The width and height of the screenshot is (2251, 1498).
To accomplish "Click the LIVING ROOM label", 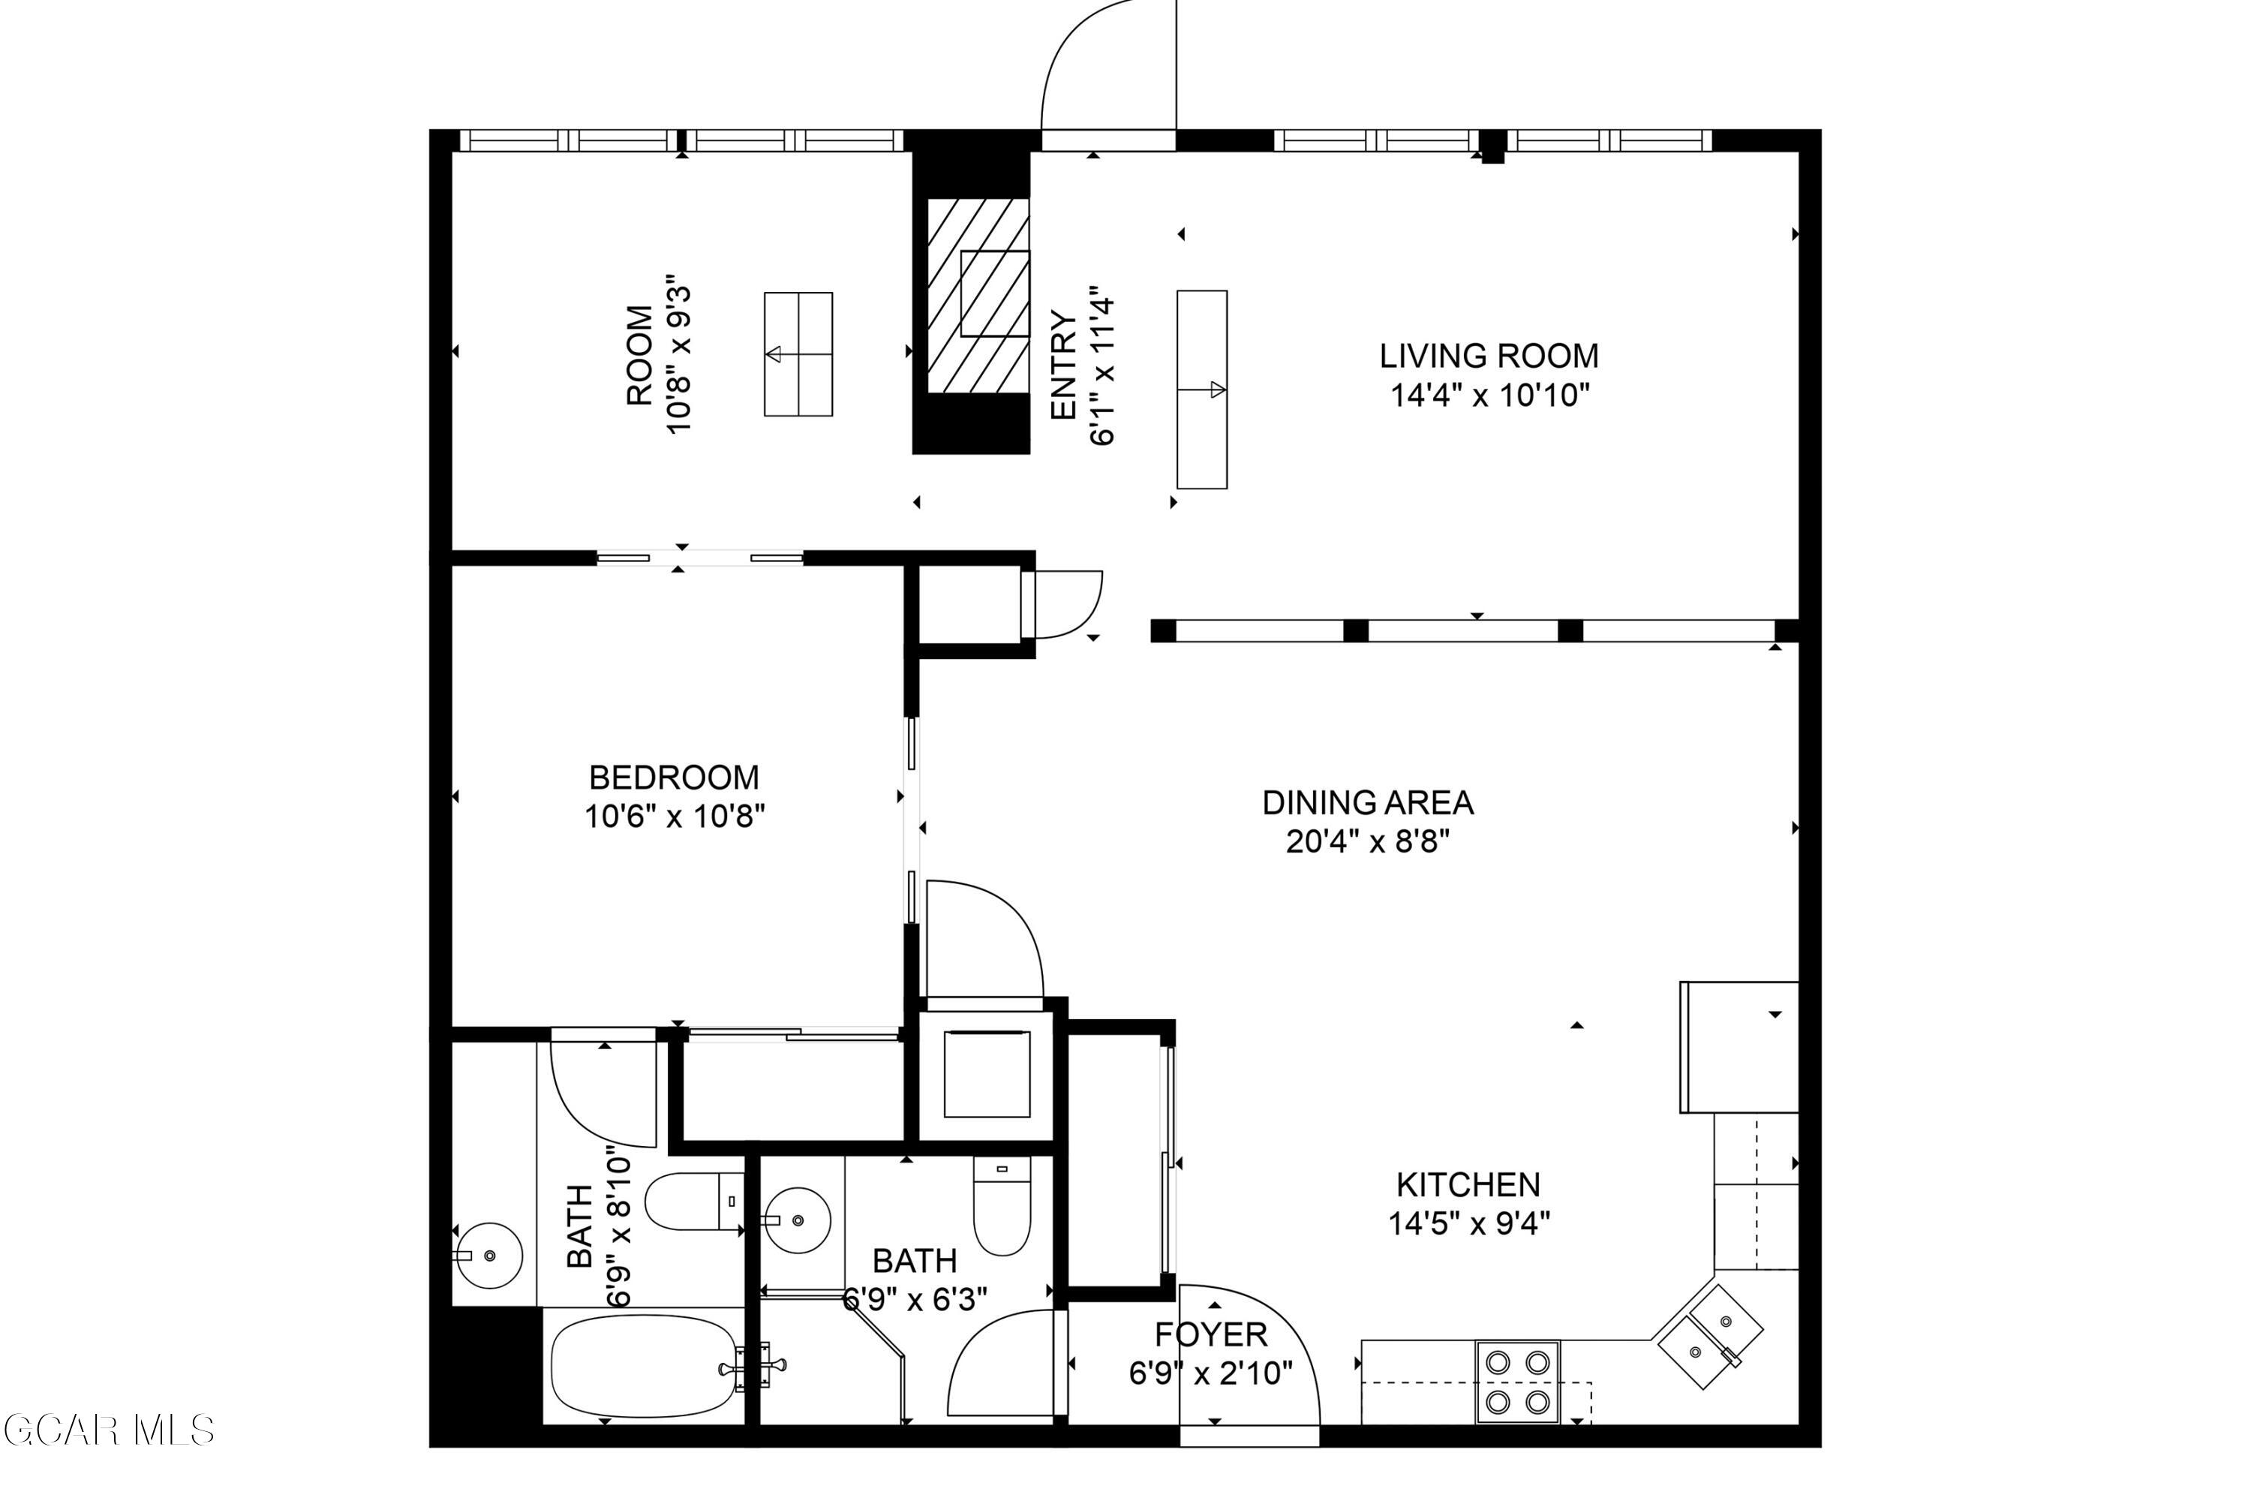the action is [1488, 356].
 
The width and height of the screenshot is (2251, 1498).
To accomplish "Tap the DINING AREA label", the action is [1368, 802].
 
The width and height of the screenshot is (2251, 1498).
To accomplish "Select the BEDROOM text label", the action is [675, 778].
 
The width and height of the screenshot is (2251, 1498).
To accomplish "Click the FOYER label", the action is [1211, 1334].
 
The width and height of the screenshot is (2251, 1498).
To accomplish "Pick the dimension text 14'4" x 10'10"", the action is [1490, 395].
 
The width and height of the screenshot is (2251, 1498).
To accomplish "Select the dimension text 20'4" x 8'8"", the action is [1368, 841].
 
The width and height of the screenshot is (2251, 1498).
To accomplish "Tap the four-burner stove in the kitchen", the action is [1517, 1382].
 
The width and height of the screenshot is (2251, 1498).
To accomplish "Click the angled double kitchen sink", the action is [1709, 1337].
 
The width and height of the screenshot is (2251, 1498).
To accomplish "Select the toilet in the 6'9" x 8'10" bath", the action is [694, 1201].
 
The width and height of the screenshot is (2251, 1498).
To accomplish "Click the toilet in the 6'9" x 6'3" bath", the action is [1002, 1205].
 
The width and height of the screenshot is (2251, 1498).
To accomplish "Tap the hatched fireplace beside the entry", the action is [978, 295].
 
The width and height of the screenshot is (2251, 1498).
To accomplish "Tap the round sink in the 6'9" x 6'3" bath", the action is [798, 1220].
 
